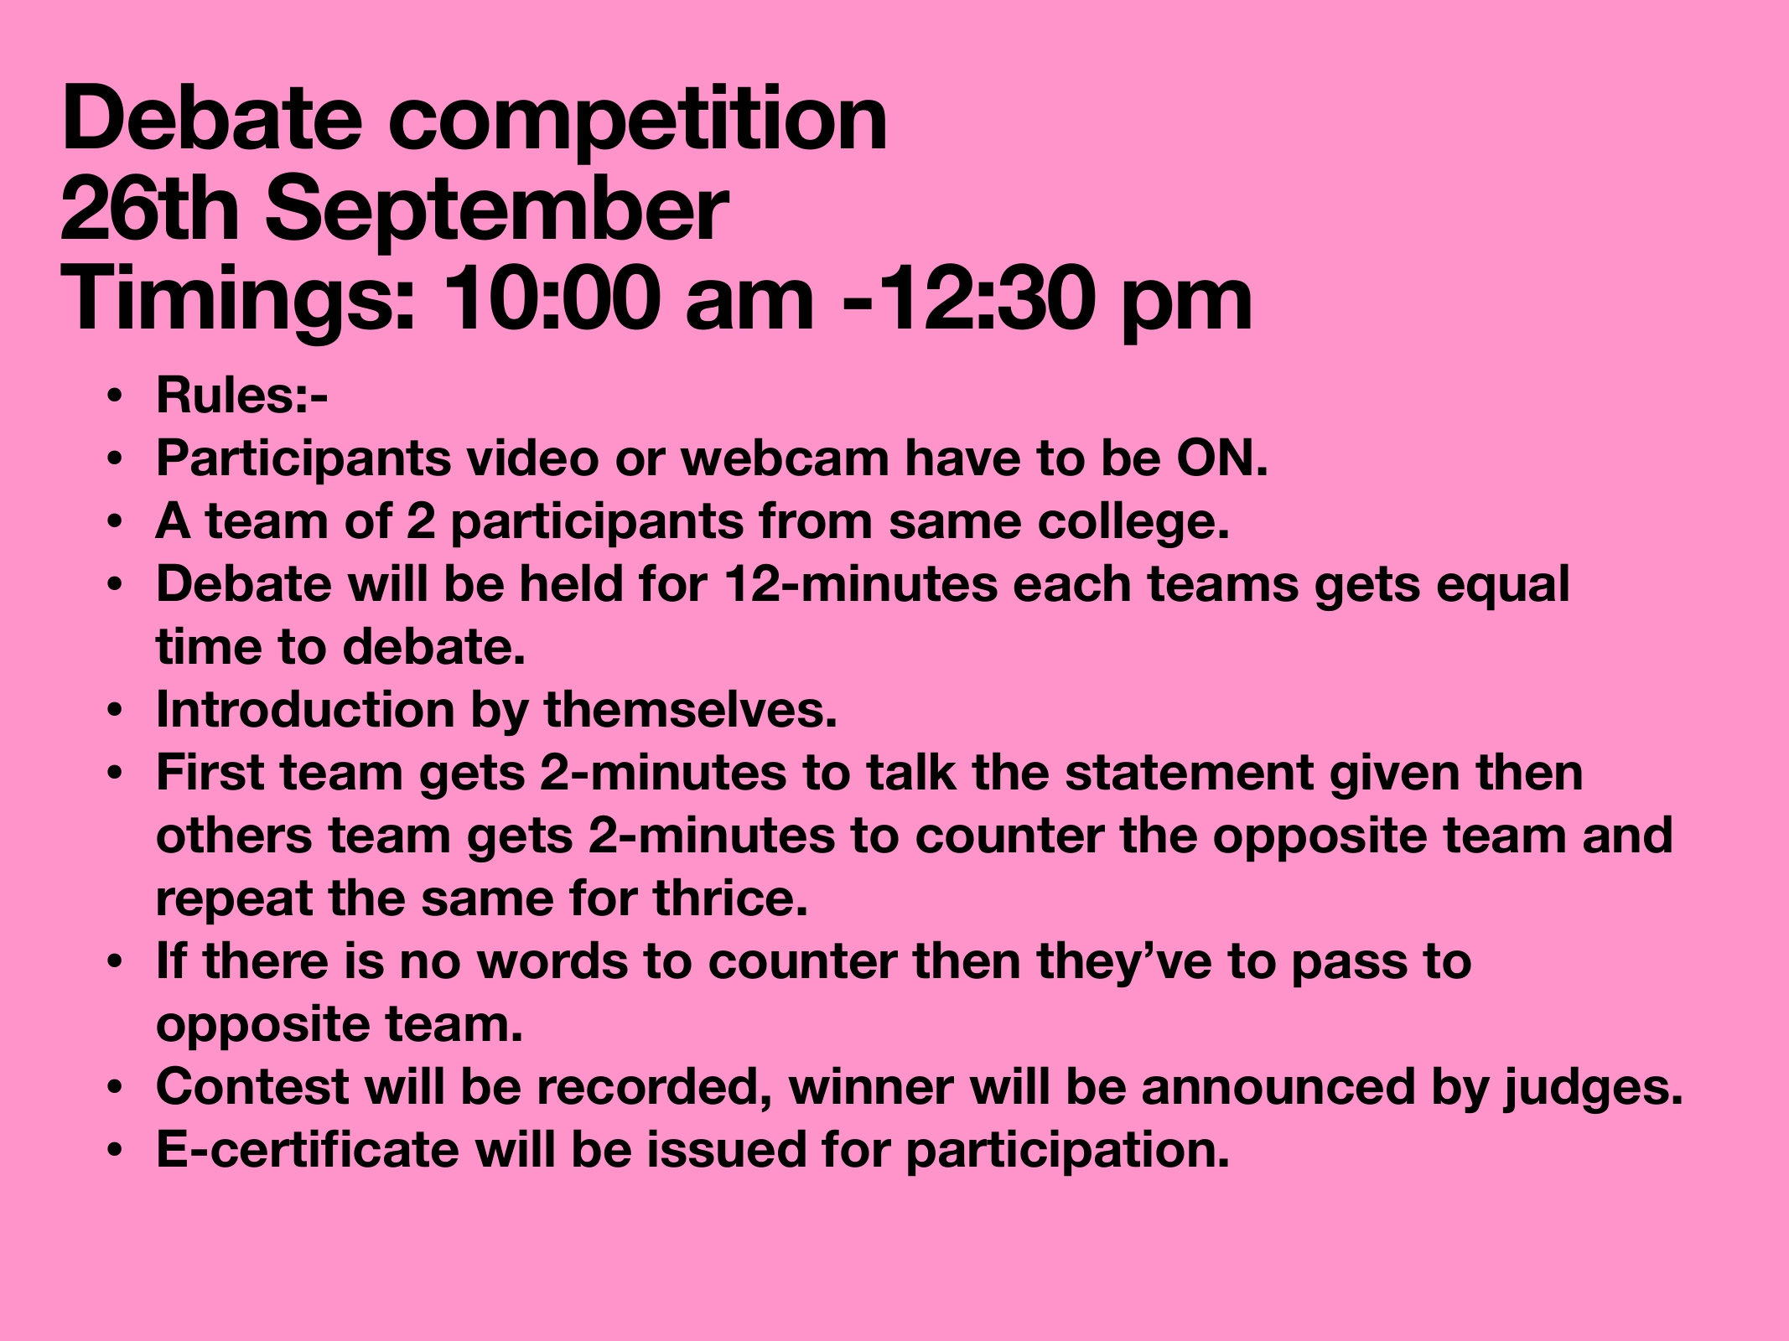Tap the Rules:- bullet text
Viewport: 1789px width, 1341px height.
tap(241, 396)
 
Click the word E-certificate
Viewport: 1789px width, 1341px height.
tap(308, 1149)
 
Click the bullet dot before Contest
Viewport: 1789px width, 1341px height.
tap(116, 1088)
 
